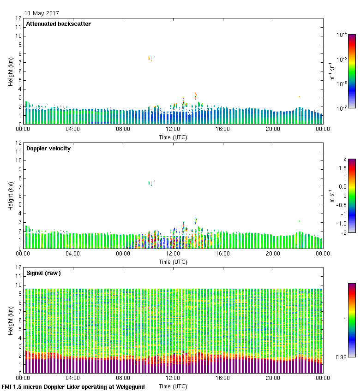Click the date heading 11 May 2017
[x=42, y=13]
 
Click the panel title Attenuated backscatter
[x=59, y=24]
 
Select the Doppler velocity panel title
[x=48, y=148]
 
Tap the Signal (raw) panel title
[x=43, y=273]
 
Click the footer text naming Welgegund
[x=73, y=387]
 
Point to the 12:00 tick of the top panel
[x=173, y=130]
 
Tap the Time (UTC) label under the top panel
[x=173, y=137]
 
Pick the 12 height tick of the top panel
[x=18, y=18]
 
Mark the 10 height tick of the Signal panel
[x=18, y=285]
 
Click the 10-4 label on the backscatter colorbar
[x=342, y=35]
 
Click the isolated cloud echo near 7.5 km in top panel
[x=150, y=59]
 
